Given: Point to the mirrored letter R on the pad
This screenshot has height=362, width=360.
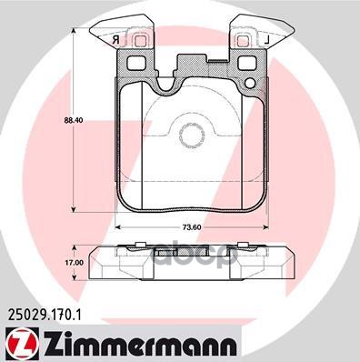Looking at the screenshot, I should click(115, 41).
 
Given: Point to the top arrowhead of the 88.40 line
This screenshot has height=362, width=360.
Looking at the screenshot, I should click(73, 30).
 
